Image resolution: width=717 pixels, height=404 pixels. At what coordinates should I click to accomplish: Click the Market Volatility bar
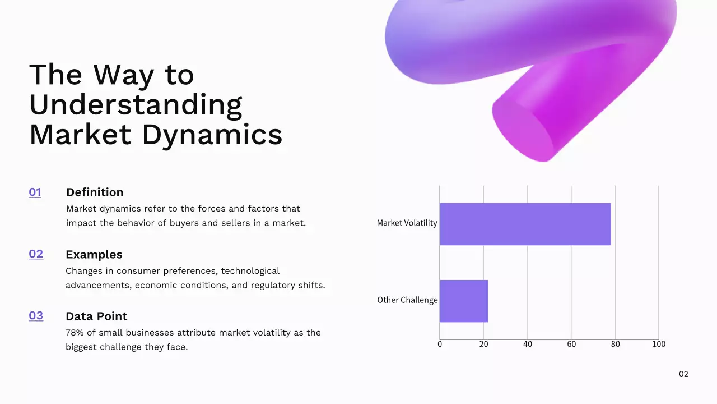click(525, 224)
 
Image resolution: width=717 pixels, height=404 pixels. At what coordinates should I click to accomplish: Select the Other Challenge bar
click(463, 301)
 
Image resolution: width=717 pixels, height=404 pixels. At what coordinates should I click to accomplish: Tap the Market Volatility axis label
click(407, 223)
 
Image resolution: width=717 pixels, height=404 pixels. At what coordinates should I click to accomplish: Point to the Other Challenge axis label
click(407, 300)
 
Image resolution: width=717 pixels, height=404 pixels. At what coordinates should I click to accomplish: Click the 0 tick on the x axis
click(440, 344)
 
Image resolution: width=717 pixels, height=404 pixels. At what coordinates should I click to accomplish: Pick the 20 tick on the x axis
click(483, 344)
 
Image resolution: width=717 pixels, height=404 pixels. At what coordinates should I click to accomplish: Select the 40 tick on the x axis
click(527, 344)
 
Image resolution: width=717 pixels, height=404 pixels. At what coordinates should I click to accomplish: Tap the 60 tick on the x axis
click(571, 344)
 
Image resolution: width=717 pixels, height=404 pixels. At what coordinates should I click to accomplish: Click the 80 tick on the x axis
click(615, 344)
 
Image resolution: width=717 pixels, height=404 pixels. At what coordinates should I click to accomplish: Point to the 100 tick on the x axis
click(659, 344)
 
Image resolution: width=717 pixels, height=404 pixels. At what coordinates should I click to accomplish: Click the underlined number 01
click(35, 192)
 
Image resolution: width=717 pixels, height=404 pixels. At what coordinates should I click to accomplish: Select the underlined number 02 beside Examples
click(36, 254)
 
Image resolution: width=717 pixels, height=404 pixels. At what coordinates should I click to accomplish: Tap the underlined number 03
click(36, 316)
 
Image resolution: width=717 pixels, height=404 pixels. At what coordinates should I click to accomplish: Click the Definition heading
click(95, 192)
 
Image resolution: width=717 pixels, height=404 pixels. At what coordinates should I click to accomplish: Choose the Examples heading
click(94, 255)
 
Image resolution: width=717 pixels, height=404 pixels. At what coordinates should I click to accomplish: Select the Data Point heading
click(96, 316)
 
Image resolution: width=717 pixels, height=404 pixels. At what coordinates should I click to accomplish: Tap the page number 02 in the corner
click(683, 374)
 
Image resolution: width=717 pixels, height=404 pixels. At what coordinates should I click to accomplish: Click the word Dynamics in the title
click(212, 135)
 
